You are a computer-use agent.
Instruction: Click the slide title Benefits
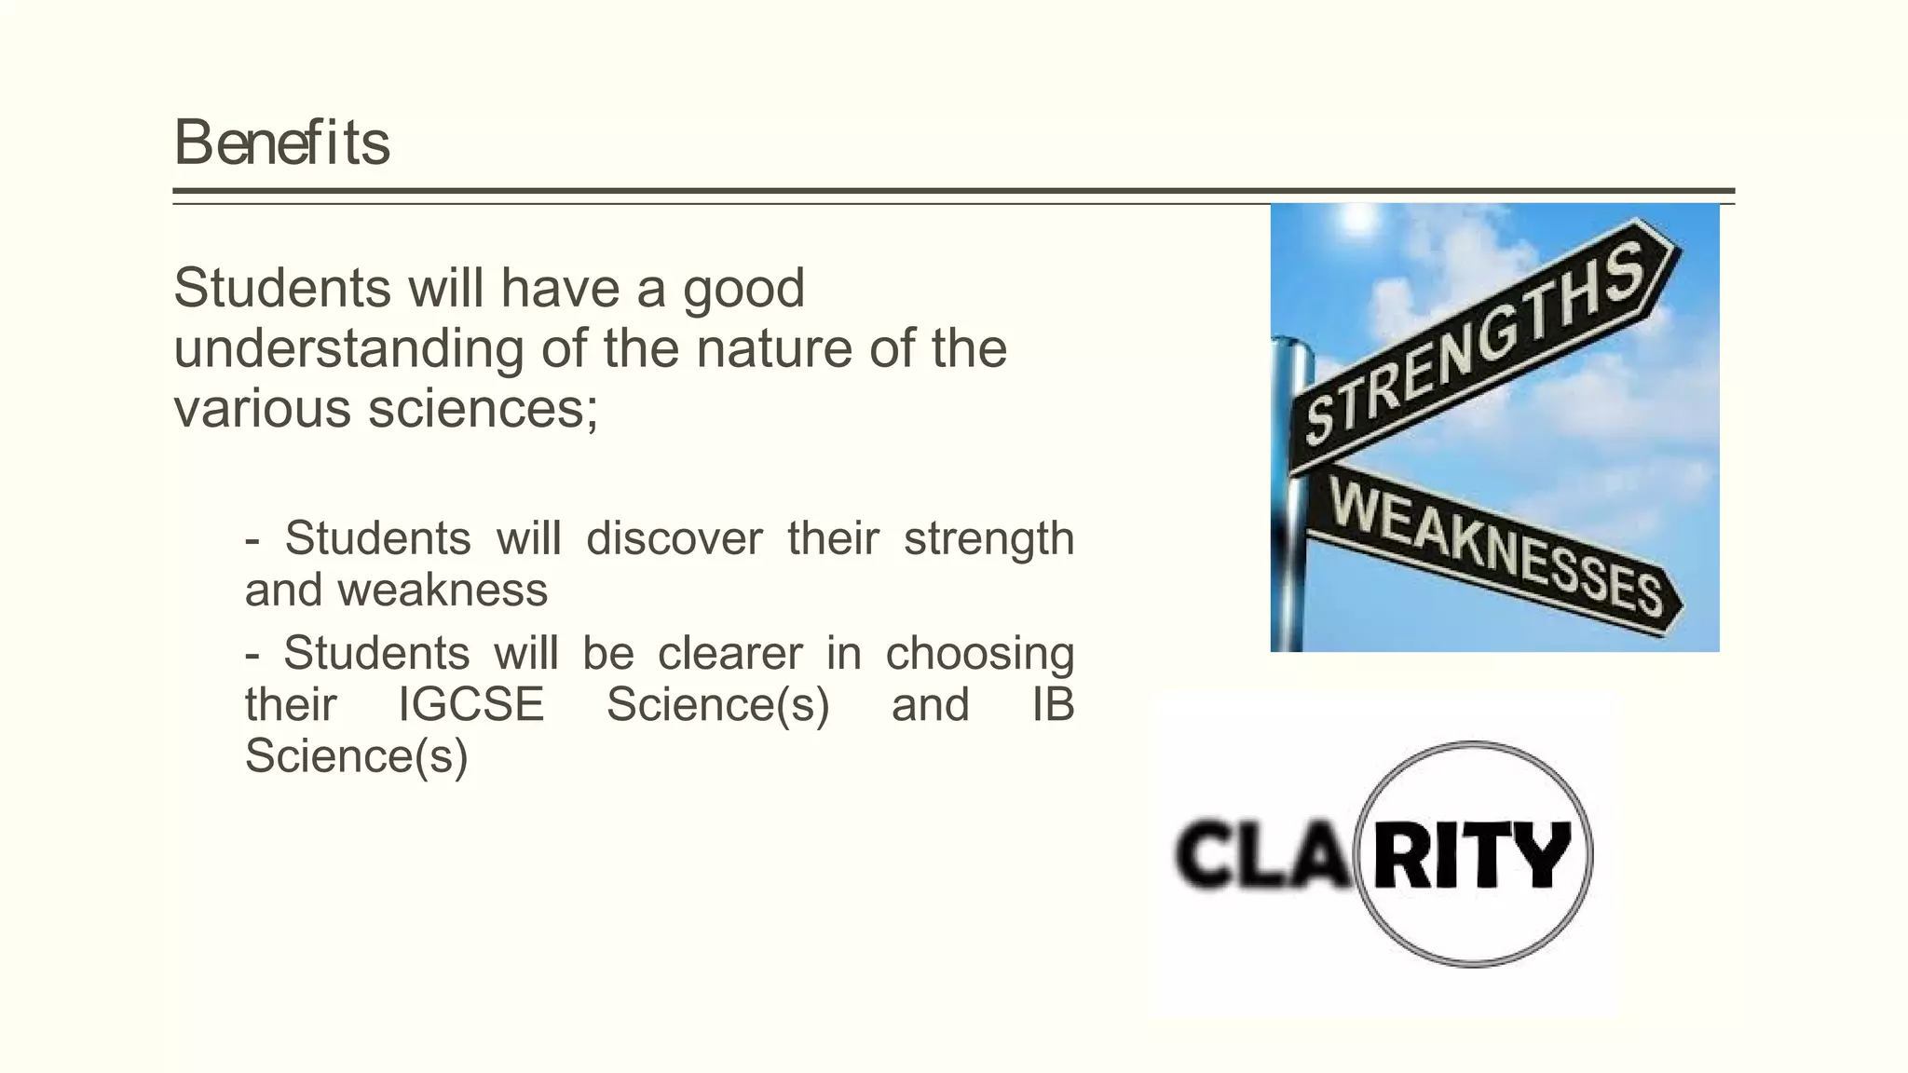[x=281, y=143]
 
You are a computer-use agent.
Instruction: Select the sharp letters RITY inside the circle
[x=1473, y=853]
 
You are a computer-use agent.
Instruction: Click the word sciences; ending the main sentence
[x=483, y=408]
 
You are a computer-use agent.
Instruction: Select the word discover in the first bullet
[x=674, y=538]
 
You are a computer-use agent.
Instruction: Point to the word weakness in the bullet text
[x=443, y=590]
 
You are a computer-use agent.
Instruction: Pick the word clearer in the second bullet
[x=729, y=653]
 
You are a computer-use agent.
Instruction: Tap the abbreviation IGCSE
[x=470, y=704]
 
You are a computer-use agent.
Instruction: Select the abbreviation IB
[x=1053, y=704]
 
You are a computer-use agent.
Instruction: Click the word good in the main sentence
[x=743, y=290]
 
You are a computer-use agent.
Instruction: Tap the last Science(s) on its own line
[x=356, y=755]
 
